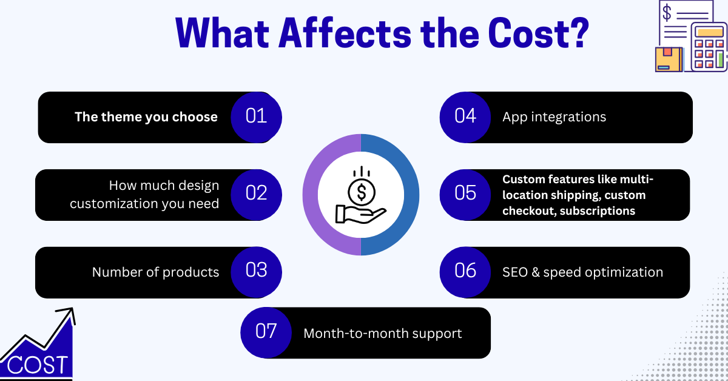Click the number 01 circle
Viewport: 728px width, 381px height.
(x=256, y=116)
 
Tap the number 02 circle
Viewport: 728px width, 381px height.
(x=256, y=194)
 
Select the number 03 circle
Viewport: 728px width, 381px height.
(x=256, y=271)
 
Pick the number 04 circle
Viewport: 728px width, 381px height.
(x=465, y=116)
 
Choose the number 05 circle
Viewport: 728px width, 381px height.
(x=465, y=194)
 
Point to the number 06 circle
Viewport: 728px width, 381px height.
(x=465, y=271)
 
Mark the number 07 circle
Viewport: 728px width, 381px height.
(x=266, y=332)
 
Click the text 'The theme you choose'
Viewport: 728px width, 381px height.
(x=146, y=117)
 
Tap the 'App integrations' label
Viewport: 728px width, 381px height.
(x=554, y=117)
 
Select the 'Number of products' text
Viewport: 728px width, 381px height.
(x=155, y=272)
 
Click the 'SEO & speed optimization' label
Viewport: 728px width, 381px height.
(x=582, y=272)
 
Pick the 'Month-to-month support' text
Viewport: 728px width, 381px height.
(x=382, y=334)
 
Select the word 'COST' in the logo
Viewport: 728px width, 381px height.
(x=38, y=365)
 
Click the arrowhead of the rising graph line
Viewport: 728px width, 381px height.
(x=68, y=313)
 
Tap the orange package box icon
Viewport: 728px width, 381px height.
(x=669, y=59)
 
